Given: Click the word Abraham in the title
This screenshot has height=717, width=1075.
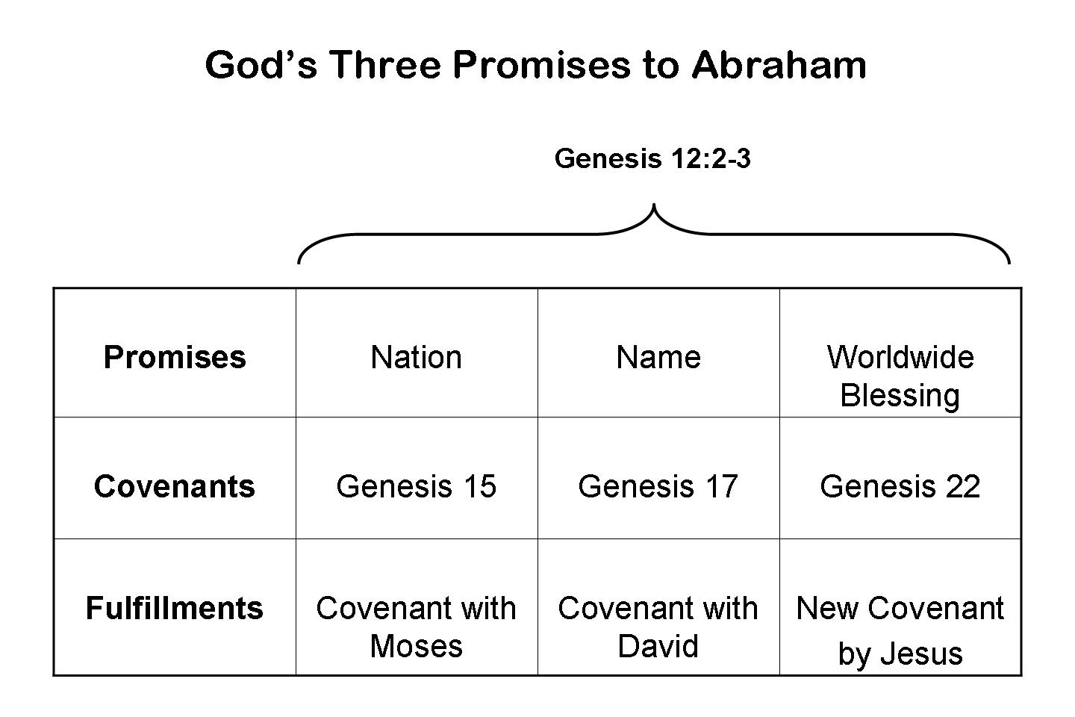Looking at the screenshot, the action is [x=779, y=64].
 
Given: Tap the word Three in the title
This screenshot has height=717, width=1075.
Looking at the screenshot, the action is [x=385, y=64].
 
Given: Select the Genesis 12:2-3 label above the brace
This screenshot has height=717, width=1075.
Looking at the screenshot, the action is [x=652, y=158].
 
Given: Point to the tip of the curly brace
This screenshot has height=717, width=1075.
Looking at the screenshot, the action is [x=654, y=205].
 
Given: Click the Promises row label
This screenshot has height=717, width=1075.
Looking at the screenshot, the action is [x=175, y=357].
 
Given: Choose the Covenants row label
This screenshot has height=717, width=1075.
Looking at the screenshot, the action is [x=175, y=486].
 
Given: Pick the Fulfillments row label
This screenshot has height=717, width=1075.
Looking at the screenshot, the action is [x=175, y=608].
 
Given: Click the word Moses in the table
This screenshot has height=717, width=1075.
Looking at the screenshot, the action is [x=417, y=646].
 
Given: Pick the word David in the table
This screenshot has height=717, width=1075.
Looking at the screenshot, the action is [x=658, y=646].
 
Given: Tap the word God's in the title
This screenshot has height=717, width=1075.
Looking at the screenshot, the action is [x=261, y=64].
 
